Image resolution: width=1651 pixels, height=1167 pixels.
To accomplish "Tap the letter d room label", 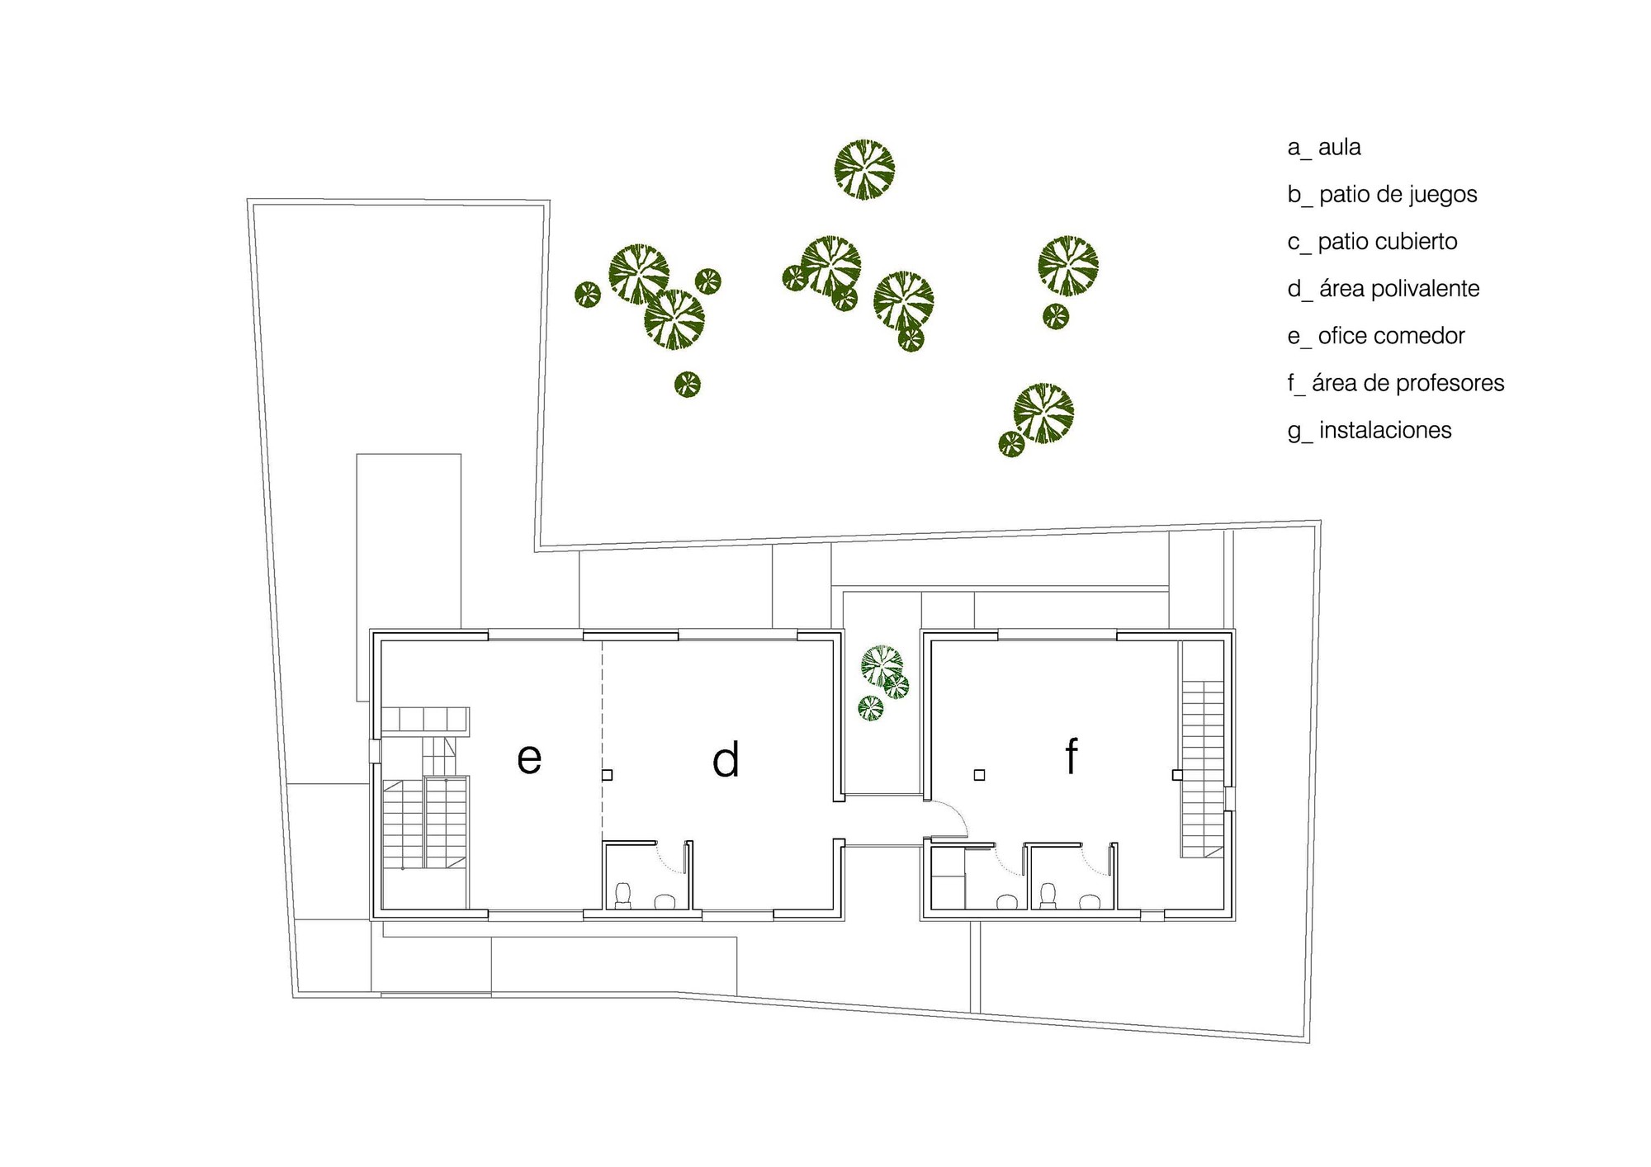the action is pos(726,759).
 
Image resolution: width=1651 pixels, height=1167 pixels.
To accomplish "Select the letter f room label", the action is pos(1071,755).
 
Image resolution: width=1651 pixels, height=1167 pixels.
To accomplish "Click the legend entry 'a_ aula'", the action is pos(1324,148).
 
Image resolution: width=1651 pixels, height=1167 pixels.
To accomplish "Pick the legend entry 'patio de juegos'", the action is pos(1398,195).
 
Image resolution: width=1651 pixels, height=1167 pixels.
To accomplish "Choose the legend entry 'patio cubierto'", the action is pos(1388,242).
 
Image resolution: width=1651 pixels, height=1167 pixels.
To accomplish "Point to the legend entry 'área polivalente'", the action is pos(1399,289).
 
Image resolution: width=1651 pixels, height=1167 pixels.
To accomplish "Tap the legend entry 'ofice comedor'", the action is pos(1391,336).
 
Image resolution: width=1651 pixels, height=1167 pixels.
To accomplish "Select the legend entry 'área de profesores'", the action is pos(1408,383).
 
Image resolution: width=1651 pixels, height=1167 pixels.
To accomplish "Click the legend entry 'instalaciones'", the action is pos(1385,430).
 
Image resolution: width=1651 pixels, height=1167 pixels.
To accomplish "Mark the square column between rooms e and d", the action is pos(607,775).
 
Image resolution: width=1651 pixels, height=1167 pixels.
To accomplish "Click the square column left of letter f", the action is pos(979,775).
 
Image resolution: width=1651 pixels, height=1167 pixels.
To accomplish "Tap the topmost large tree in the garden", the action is pos(864,170).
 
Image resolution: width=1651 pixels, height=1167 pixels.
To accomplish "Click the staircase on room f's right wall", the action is pos(1202,768).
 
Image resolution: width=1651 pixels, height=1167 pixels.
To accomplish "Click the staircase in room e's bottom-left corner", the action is pos(424,821).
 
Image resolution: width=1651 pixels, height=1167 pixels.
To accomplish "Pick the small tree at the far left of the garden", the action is pos(588,295).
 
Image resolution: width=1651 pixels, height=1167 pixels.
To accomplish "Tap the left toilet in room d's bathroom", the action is pos(623,895).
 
